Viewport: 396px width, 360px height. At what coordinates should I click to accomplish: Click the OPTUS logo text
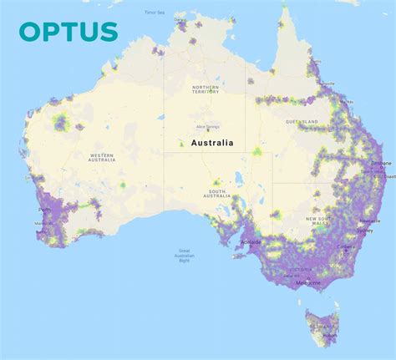pyautogui.click(x=69, y=31)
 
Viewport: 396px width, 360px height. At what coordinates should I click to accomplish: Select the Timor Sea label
pyautogui.click(x=155, y=13)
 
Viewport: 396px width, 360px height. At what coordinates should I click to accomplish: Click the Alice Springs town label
pyautogui.click(x=206, y=126)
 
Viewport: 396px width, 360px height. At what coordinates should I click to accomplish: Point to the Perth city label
pyautogui.click(x=44, y=209)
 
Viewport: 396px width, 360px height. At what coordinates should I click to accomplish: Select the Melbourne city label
pyautogui.click(x=308, y=283)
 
